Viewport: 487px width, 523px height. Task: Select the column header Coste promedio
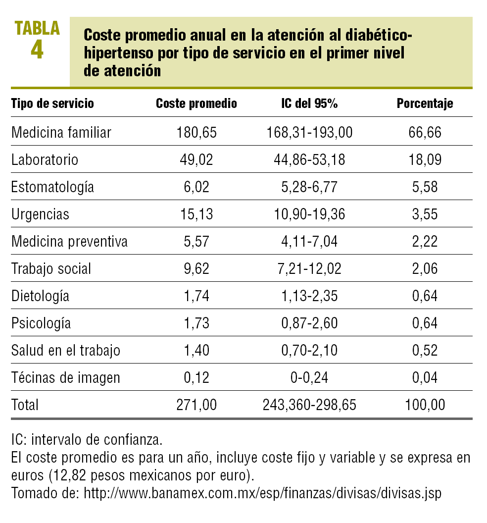coord(196,104)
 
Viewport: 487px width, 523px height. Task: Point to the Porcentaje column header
coord(425,104)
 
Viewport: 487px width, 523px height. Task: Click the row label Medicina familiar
coord(61,133)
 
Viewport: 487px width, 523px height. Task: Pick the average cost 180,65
coord(196,133)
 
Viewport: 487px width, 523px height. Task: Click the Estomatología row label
coord(52,187)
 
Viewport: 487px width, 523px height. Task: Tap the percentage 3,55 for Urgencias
coord(425,214)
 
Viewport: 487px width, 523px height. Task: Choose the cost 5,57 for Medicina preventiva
coord(196,242)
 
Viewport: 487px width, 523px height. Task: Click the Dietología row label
coord(40,296)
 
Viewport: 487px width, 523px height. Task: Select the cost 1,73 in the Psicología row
coord(196,323)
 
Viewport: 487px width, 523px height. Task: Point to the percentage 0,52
coord(425,351)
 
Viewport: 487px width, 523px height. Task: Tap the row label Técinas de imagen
coord(65,378)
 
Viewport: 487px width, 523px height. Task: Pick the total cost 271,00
coord(196,405)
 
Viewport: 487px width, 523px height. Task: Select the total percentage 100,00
coord(425,405)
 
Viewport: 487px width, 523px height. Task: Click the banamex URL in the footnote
coord(262,494)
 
